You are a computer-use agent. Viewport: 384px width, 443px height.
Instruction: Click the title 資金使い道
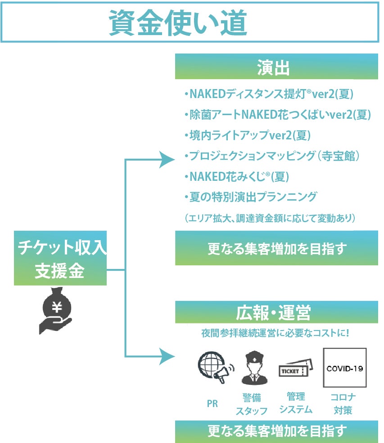click(178, 22)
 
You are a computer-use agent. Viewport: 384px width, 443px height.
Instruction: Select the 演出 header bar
click(276, 67)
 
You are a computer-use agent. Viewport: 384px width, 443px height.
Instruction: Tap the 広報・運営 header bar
click(276, 312)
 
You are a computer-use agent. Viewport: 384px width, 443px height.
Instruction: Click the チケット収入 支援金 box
click(60, 258)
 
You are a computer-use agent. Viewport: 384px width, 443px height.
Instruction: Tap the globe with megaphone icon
click(215, 367)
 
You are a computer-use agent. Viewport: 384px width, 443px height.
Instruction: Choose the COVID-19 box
click(344, 368)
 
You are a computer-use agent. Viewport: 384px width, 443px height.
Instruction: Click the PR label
click(212, 404)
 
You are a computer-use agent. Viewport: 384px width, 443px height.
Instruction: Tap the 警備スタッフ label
click(252, 404)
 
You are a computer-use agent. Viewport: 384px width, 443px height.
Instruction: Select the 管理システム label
click(295, 403)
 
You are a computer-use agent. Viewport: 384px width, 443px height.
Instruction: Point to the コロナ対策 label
click(343, 403)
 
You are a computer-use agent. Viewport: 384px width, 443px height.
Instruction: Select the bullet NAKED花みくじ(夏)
click(236, 176)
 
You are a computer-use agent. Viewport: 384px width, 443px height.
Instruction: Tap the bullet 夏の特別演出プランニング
click(251, 197)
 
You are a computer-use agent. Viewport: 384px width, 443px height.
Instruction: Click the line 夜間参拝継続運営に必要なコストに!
click(276, 335)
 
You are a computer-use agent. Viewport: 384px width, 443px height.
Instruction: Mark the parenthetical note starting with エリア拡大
click(270, 218)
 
